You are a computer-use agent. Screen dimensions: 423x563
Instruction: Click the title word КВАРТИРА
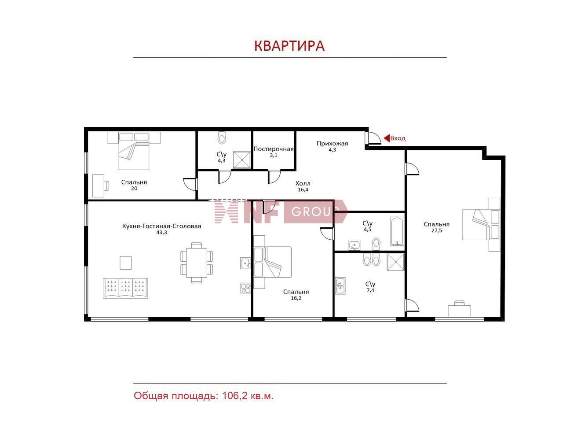click(x=289, y=46)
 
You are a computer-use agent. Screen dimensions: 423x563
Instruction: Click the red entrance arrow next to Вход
click(x=387, y=138)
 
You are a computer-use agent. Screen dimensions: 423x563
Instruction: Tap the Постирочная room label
click(x=273, y=149)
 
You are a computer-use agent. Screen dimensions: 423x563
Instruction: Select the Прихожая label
click(x=332, y=143)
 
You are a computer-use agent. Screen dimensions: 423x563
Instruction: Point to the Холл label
click(x=303, y=183)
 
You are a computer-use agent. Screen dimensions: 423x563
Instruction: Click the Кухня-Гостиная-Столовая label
click(x=161, y=226)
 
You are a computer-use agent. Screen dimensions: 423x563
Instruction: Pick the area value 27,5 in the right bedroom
click(x=436, y=230)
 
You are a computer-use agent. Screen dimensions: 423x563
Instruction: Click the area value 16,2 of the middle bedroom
click(x=296, y=298)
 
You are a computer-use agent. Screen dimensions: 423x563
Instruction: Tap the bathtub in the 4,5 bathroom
click(x=397, y=230)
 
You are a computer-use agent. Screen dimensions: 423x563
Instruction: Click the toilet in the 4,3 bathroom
click(x=222, y=138)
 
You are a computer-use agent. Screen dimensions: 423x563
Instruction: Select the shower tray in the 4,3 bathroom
click(x=241, y=160)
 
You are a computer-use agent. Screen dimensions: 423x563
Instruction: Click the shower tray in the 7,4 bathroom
click(x=395, y=262)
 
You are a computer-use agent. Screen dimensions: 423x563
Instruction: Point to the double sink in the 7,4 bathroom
click(x=340, y=286)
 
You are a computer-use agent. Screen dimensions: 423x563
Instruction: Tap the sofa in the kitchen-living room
click(x=125, y=288)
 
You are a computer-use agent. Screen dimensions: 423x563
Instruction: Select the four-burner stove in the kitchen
click(x=245, y=288)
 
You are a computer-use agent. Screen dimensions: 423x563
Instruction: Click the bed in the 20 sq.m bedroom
click(x=134, y=151)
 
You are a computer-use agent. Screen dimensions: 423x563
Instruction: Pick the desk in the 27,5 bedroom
click(x=459, y=310)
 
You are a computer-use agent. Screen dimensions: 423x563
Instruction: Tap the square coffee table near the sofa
click(x=126, y=263)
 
